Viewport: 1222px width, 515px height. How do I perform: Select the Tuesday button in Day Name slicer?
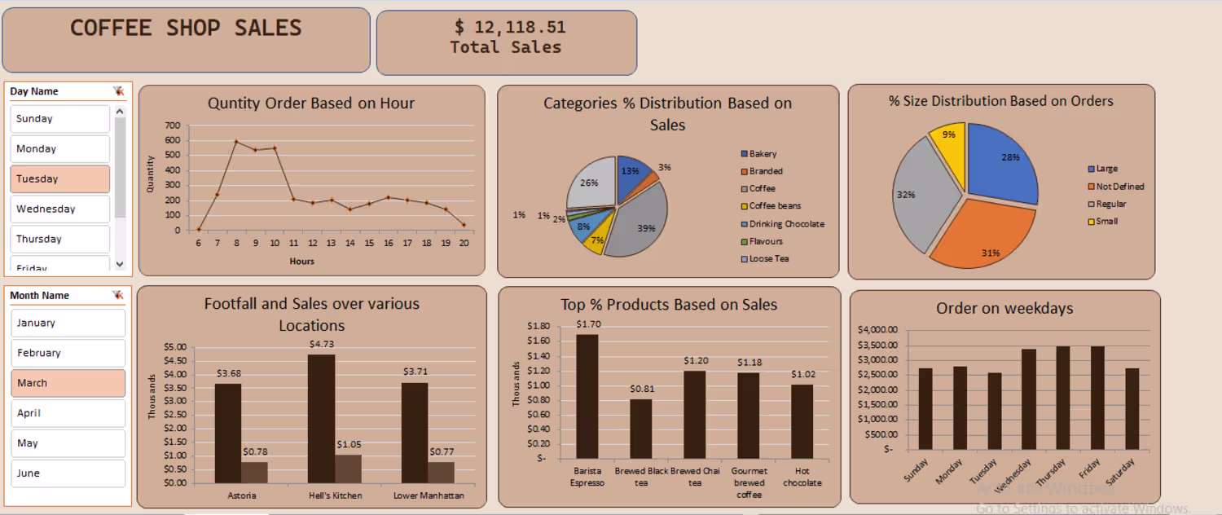click(x=59, y=178)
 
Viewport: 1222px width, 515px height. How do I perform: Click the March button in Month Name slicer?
click(x=68, y=383)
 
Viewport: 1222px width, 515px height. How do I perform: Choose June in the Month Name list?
click(x=68, y=473)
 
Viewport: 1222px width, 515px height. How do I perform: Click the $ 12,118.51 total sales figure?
click(x=510, y=28)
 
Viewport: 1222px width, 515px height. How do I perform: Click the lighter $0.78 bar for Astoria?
click(x=254, y=473)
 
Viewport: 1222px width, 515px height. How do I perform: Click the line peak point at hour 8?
click(x=236, y=142)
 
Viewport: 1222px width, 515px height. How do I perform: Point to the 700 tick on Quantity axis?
click(x=172, y=125)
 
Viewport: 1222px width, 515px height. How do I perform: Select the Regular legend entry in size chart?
click(x=1110, y=204)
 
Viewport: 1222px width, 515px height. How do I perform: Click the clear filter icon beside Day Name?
click(x=118, y=91)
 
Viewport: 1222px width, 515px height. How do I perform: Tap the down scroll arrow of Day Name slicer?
click(x=120, y=263)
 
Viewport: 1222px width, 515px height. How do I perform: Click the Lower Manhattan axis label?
click(x=429, y=495)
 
